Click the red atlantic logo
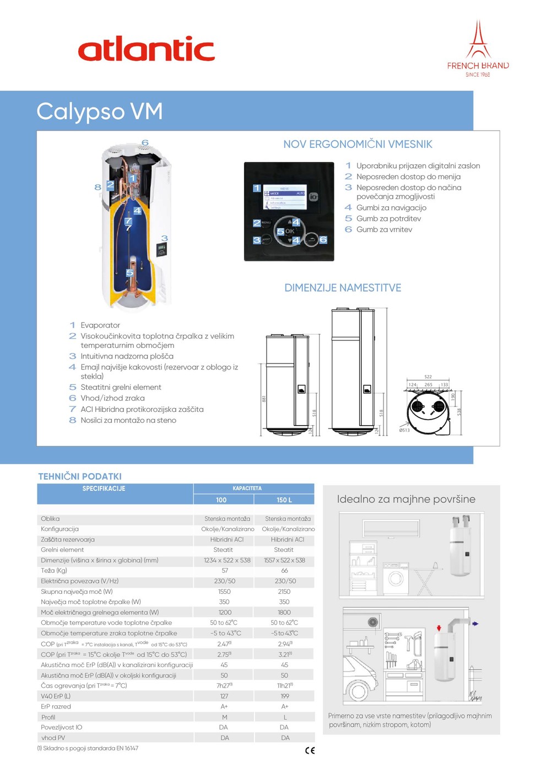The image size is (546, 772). [x=146, y=49]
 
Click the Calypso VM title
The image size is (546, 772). [x=100, y=111]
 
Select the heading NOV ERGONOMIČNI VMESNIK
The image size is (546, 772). [x=358, y=144]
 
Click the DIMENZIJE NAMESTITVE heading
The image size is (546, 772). [x=343, y=288]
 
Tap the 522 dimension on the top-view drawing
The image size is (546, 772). [x=428, y=377]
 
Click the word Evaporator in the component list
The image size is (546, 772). [x=100, y=325]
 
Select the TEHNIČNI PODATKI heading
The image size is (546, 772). [x=80, y=476]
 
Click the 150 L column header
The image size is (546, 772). [x=284, y=500]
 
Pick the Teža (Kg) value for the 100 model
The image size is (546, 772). [x=225, y=571]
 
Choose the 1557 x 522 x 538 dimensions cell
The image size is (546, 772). [x=284, y=560]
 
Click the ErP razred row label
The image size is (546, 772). [x=56, y=706]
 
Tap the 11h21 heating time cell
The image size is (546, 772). [x=284, y=685]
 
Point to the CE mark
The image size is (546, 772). [x=310, y=750]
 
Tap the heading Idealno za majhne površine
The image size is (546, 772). [x=406, y=500]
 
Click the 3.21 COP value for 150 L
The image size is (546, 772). [x=284, y=655]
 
